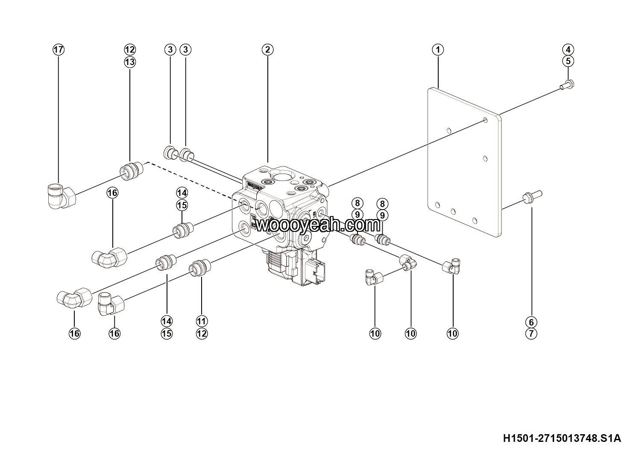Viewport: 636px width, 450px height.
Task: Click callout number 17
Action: pos(59,50)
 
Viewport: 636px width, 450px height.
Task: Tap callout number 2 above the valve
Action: pos(267,50)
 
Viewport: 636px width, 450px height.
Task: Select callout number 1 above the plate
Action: pos(438,50)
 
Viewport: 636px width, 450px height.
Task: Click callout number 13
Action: pos(130,62)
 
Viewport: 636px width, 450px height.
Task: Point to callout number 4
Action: pos(568,50)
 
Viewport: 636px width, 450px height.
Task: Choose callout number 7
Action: pos(531,334)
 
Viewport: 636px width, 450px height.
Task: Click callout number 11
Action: pos(202,321)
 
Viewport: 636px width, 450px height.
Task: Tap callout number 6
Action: pos(531,322)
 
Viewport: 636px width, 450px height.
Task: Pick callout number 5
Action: pos(568,61)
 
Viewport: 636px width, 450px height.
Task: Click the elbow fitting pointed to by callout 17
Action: pos(61,196)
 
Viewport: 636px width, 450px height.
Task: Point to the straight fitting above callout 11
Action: pos(200,268)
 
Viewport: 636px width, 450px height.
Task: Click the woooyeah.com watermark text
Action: pos(318,225)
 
